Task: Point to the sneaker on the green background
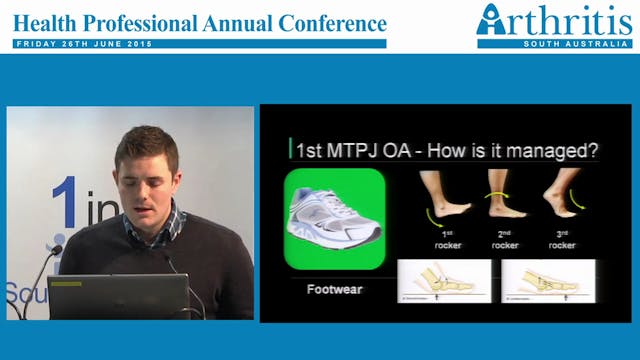pos(334,218)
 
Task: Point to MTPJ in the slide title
pos(351,150)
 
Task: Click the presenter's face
pos(146,175)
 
